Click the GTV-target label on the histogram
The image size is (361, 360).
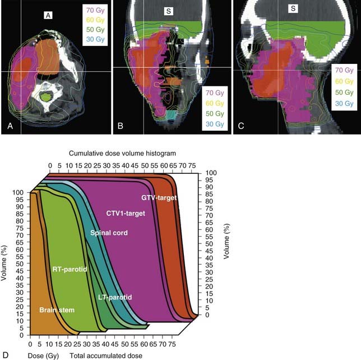click(x=160, y=198)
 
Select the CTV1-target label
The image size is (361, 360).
click(x=126, y=213)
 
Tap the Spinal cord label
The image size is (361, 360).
click(x=109, y=232)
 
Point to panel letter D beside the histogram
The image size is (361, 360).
click(x=6, y=355)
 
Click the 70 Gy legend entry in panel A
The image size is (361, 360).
click(x=92, y=11)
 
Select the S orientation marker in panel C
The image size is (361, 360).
click(x=294, y=10)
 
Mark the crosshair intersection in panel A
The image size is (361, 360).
click(x=21, y=72)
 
